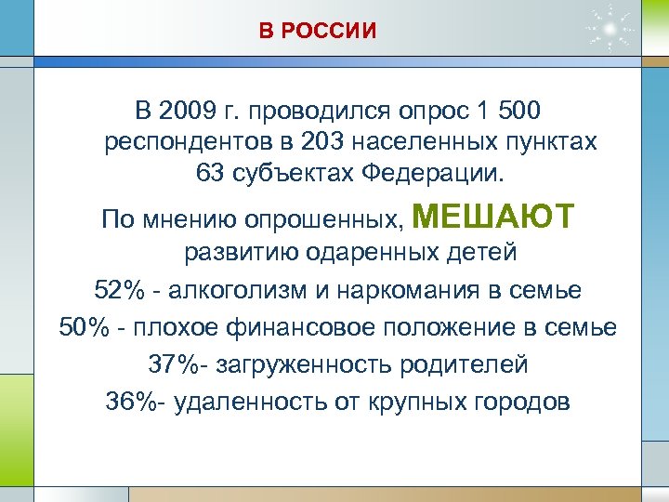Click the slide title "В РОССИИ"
pos(318,32)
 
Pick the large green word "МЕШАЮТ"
pos(492,218)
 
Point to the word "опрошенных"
pos(321,221)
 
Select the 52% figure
pos(119,290)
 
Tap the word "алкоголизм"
pos(236,290)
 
